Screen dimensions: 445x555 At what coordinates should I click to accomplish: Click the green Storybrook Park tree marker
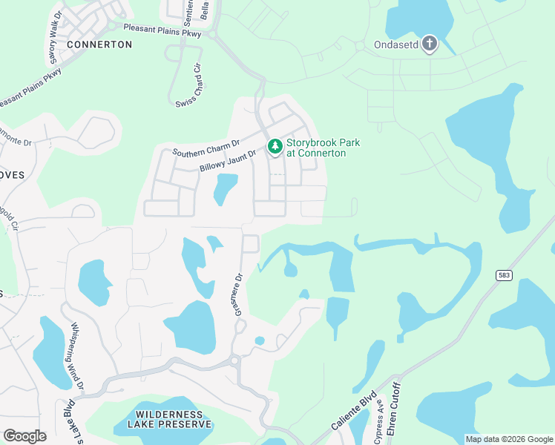(275, 148)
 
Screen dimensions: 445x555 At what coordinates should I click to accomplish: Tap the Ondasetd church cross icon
(429, 44)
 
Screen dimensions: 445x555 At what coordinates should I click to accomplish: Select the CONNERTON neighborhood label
(99, 44)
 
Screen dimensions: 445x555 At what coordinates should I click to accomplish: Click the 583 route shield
(505, 275)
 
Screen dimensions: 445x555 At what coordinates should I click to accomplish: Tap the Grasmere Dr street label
(239, 294)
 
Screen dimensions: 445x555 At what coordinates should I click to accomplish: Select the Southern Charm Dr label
(206, 148)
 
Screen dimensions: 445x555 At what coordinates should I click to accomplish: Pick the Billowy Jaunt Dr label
(227, 161)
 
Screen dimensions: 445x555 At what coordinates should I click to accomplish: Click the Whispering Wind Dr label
(76, 355)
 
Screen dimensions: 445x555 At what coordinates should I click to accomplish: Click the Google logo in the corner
(24, 435)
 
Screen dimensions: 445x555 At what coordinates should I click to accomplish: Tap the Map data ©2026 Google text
(508, 439)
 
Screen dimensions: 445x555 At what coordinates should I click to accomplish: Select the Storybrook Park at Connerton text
(316, 148)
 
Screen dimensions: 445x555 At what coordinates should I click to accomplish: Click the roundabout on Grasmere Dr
(234, 361)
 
